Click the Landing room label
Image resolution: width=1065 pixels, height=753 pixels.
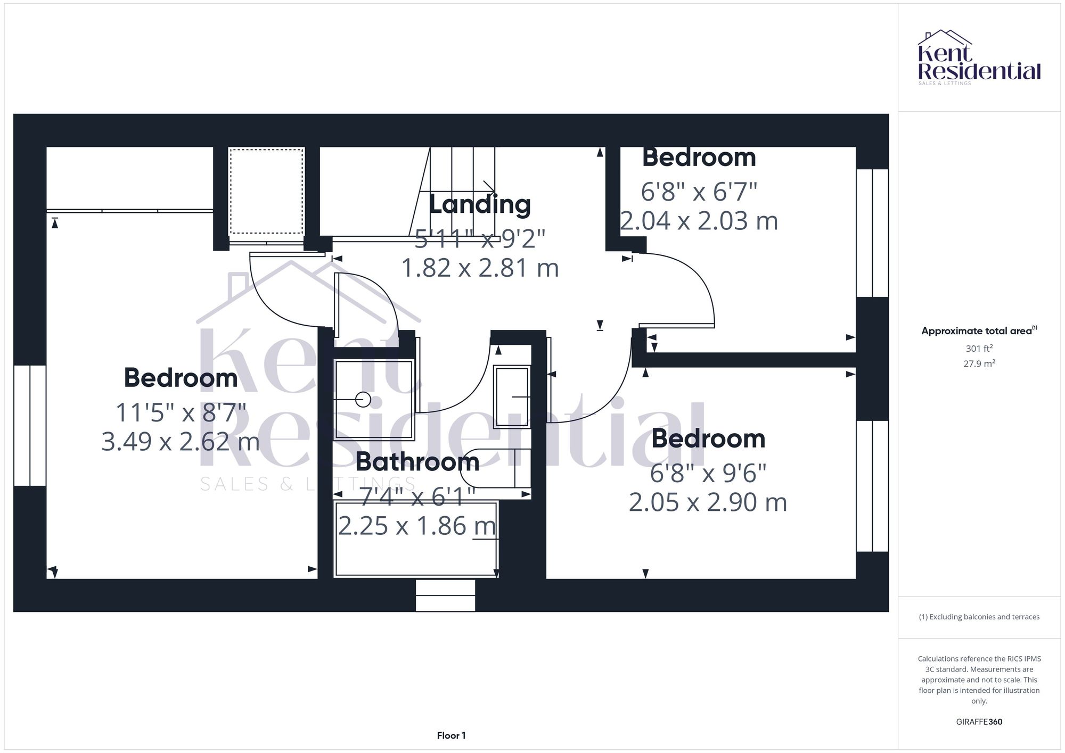(x=479, y=205)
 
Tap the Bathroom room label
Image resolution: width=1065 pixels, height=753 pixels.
(x=417, y=461)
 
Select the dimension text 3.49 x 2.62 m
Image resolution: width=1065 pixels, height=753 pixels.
(x=181, y=441)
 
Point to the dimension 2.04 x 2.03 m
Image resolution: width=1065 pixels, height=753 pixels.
(x=699, y=221)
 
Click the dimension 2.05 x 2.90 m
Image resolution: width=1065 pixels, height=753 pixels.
(x=708, y=502)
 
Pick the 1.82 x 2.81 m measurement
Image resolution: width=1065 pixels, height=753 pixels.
(x=479, y=268)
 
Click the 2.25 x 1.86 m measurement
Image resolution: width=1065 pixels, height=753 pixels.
(x=417, y=526)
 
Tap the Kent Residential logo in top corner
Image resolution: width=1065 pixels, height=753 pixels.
(x=979, y=57)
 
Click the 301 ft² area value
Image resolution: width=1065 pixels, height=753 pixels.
(x=979, y=349)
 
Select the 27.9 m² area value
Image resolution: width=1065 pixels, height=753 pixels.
(x=979, y=364)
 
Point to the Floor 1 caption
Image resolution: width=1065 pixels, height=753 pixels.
(x=451, y=735)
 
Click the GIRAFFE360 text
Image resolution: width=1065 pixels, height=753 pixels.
(x=979, y=722)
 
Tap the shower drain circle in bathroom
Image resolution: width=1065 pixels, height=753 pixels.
(x=363, y=399)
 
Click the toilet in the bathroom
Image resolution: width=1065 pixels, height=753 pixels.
(x=498, y=468)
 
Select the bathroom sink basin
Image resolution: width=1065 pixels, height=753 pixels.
(x=512, y=396)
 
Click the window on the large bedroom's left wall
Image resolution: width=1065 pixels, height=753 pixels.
(x=30, y=425)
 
